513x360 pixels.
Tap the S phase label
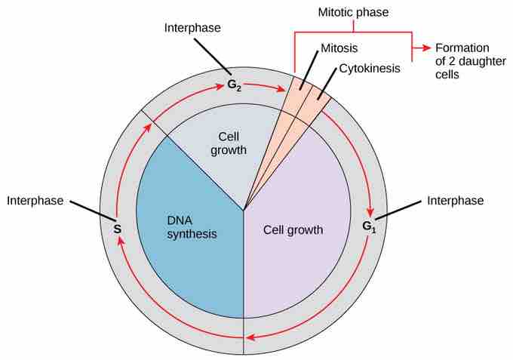(118, 227)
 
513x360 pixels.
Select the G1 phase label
(368, 226)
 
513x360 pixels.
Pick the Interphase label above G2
(192, 29)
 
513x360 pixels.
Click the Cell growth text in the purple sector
(293, 230)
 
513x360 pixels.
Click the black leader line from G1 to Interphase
(395, 211)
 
